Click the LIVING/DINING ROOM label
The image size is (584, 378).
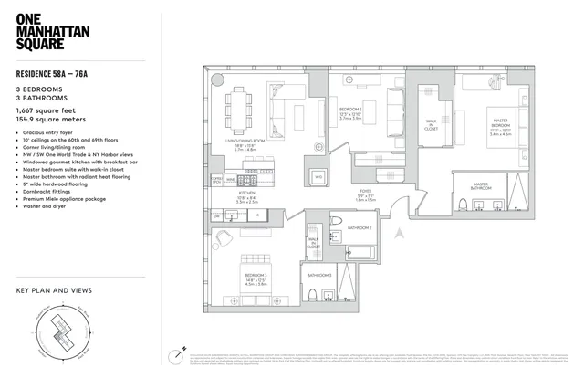[245, 142]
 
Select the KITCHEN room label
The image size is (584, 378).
[246, 194]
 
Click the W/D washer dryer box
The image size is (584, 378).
[318, 177]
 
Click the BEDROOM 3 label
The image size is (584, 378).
[255, 278]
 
